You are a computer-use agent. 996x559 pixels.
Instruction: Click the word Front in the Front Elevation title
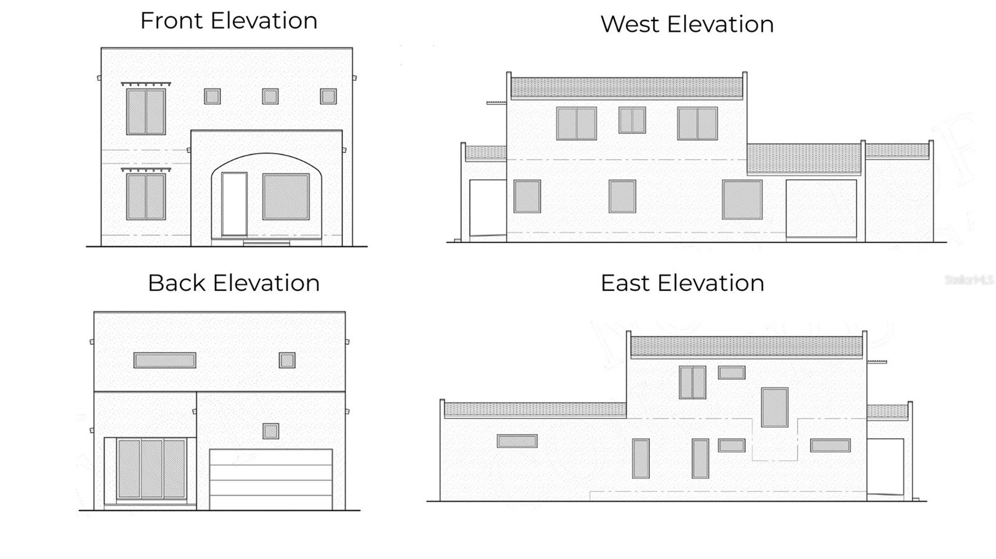click(x=172, y=21)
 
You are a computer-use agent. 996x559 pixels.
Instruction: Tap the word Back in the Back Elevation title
click(x=177, y=283)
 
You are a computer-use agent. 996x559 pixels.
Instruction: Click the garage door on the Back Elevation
click(x=271, y=479)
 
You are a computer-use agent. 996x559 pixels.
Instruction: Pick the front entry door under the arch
click(x=234, y=204)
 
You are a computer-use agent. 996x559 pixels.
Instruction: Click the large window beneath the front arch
click(x=286, y=196)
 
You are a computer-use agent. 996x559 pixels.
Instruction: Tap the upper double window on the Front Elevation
click(x=146, y=112)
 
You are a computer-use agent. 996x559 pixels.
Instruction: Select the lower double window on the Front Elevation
click(x=146, y=196)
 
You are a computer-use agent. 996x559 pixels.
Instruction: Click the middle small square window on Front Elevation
click(x=270, y=96)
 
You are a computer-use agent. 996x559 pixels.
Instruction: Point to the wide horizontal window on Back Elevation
click(x=165, y=360)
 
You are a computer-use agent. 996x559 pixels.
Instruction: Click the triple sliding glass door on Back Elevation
click(x=151, y=469)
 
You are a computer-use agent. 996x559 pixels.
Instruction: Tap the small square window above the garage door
click(x=270, y=431)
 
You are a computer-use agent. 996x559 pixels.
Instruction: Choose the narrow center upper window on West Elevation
click(x=632, y=120)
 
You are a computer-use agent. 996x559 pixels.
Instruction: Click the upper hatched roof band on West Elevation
click(x=626, y=88)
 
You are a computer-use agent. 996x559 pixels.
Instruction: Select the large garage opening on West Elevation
click(x=821, y=208)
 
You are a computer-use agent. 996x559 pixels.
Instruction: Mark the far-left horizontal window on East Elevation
click(x=517, y=441)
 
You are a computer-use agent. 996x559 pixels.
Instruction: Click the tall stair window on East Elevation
click(x=774, y=407)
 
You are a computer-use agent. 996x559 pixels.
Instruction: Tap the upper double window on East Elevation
click(x=692, y=382)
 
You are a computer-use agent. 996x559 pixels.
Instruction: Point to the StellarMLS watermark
click(x=969, y=280)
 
